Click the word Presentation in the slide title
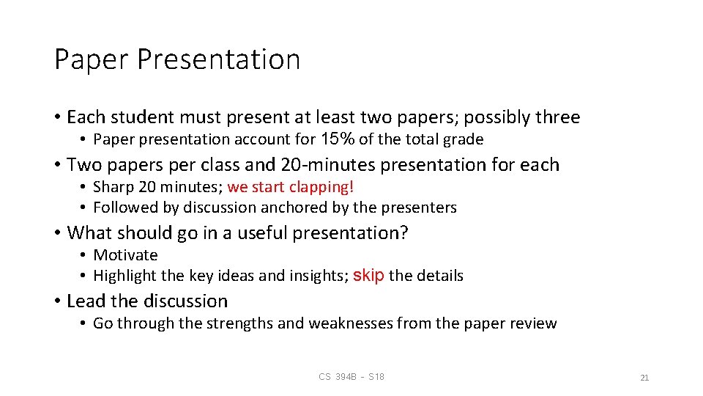[x=217, y=60]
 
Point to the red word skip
[x=368, y=276]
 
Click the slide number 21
[x=644, y=378]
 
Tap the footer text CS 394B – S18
[x=351, y=377]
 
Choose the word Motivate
[x=125, y=255]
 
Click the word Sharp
[x=113, y=188]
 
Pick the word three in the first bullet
[x=557, y=117]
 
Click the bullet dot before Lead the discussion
[x=58, y=301]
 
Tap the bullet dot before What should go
[x=58, y=233]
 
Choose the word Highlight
[x=124, y=276]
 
